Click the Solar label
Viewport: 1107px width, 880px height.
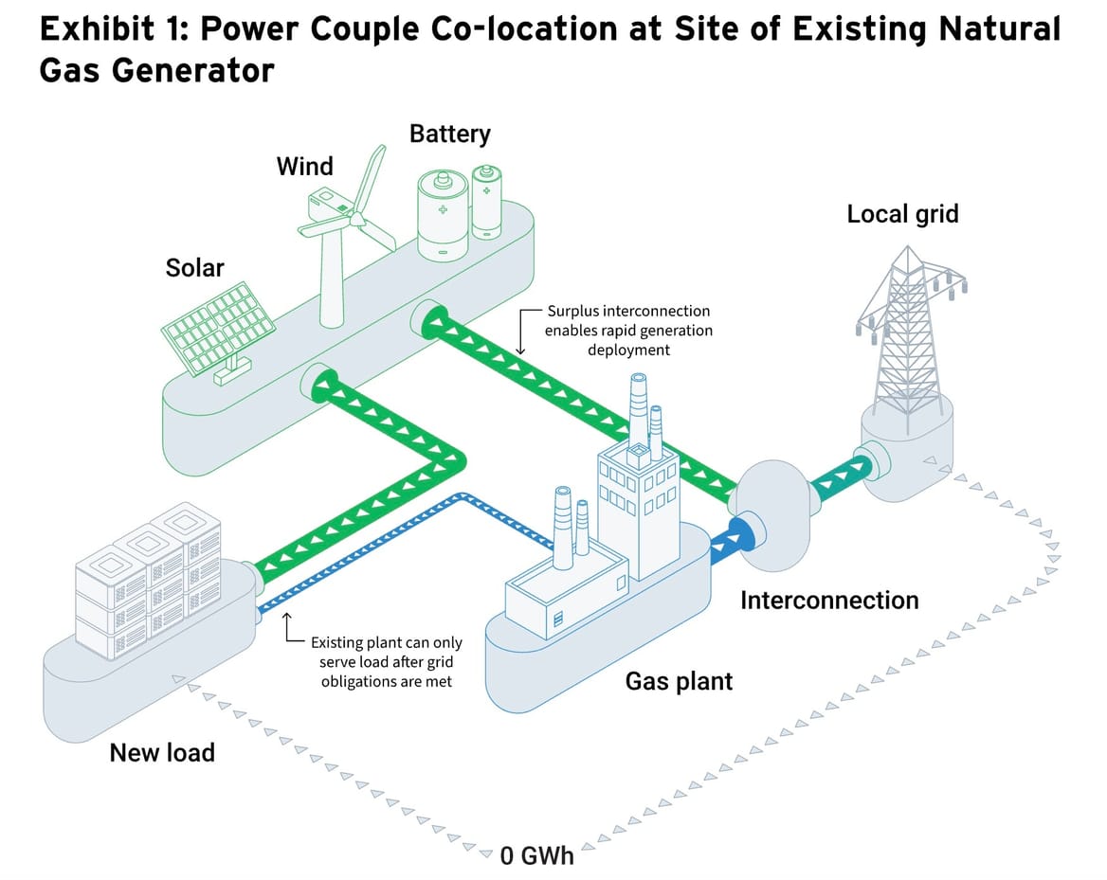click(x=194, y=268)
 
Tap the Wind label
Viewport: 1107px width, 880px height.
click(x=304, y=167)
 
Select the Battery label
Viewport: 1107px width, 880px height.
click(x=449, y=134)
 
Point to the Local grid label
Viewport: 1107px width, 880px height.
click(x=902, y=214)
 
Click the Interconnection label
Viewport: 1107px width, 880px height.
click(x=828, y=601)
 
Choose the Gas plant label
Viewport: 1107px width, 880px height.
click(x=679, y=681)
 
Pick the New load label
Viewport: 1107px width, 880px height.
click(x=162, y=753)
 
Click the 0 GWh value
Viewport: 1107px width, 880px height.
click(x=536, y=855)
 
